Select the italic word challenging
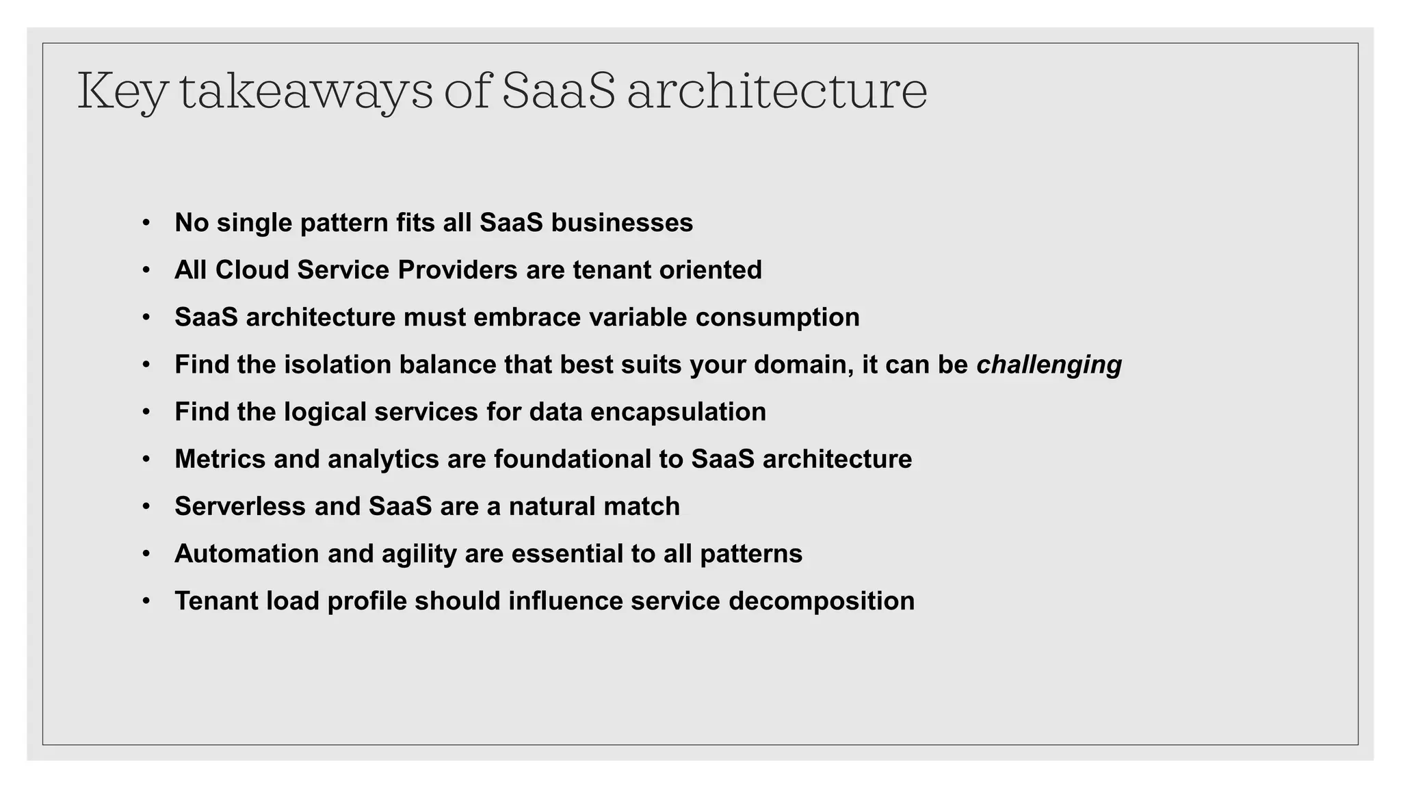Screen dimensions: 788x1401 pos(1049,365)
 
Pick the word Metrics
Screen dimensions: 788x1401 pos(220,459)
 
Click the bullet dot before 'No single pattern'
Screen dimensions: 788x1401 pos(146,223)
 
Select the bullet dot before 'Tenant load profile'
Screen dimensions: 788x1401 pos(146,601)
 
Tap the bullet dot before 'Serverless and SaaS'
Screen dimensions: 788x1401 pos(146,506)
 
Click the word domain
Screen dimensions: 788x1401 pos(802,365)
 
